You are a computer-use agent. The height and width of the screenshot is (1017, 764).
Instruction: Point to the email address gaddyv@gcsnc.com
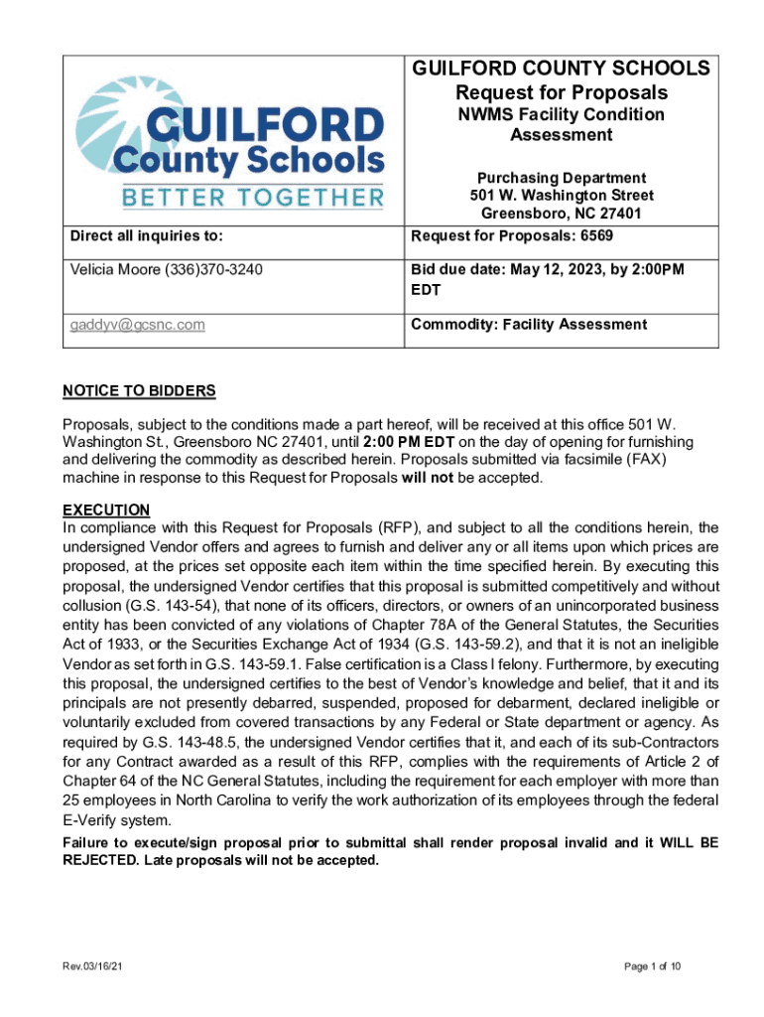pyautogui.click(x=137, y=325)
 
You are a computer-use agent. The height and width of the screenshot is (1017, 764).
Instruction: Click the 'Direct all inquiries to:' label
pyautogui.click(x=146, y=235)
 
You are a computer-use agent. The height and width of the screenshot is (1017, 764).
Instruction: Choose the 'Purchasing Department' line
pyautogui.click(x=562, y=178)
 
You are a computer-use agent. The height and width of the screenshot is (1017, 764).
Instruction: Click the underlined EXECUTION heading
pyautogui.click(x=106, y=509)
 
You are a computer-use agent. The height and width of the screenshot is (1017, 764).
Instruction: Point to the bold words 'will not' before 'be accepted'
pyautogui.click(x=423, y=477)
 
